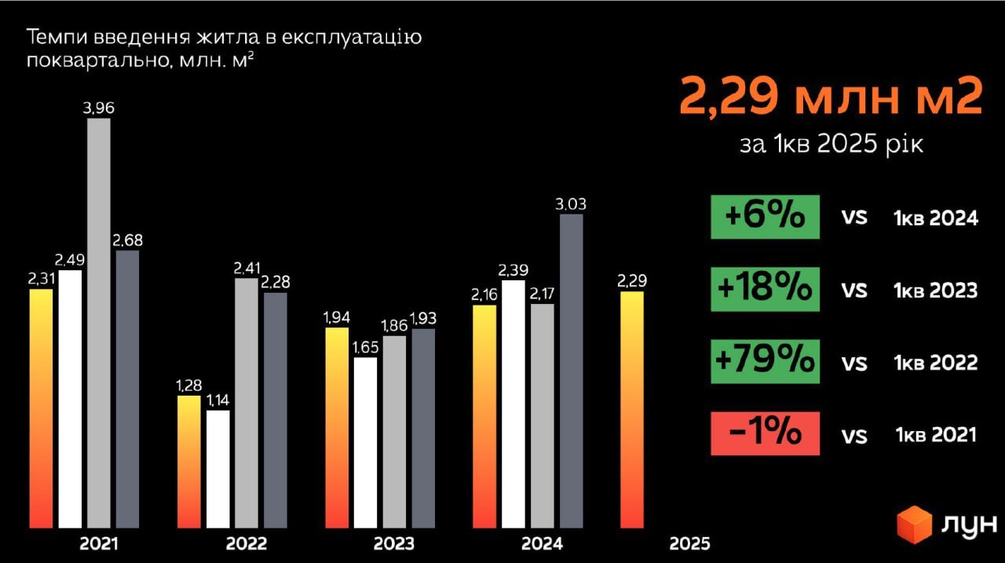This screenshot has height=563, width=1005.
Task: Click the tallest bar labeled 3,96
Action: (98, 323)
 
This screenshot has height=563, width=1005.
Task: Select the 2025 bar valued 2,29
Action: (632, 409)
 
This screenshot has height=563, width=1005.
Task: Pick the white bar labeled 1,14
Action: (218, 469)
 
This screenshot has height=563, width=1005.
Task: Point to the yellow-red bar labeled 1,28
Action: (189, 462)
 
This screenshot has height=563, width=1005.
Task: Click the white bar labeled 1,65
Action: (365, 443)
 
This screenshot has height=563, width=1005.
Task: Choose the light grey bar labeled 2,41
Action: (247, 403)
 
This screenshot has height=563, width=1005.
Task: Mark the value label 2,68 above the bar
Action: (127, 240)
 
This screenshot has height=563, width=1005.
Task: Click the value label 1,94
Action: (337, 317)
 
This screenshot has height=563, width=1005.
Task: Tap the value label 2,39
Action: (513, 270)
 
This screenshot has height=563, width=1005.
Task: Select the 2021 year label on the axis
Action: (99, 543)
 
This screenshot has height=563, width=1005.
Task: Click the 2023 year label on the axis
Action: (394, 543)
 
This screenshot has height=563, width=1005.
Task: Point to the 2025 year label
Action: (689, 543)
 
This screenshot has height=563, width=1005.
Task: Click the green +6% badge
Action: (765, 217)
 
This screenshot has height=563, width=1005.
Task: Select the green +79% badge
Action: (765, 361)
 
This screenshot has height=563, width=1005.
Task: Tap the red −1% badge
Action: (765, 433)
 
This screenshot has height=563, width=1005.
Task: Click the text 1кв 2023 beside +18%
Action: (935, 290)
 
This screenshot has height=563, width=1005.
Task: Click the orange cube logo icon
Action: (914, 525)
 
